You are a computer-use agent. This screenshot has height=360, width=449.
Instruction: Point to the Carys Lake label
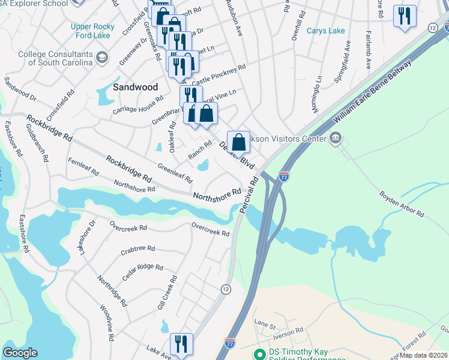click(326, 31)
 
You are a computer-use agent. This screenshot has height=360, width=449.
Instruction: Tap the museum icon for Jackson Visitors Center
click(336, 139)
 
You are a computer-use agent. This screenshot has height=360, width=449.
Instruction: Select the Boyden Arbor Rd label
click(402, 204)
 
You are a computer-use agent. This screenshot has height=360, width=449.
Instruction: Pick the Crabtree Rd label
click(137, 248)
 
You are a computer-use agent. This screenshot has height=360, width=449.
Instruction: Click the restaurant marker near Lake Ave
click(181, 344)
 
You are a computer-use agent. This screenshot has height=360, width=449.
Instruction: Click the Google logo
click(20, 352)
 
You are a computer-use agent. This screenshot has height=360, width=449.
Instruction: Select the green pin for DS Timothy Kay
click(259, 354)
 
